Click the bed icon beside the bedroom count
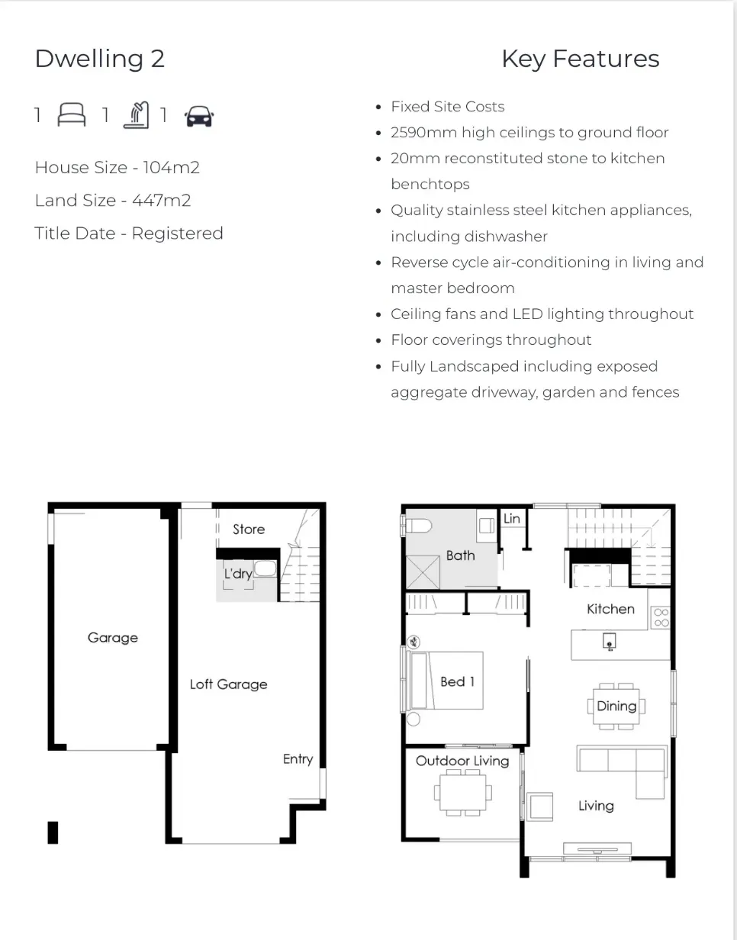pos(72,114)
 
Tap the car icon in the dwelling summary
pos(199,117)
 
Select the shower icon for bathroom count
pos(137,115)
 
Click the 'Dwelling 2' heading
pos(99,59)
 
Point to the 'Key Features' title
pos(581,59)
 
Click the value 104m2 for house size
pos(171,167)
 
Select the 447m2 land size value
pos(161,201)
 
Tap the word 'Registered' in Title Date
pos(177,233)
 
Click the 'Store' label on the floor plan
pos(249,529)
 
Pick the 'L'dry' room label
pos(238,574)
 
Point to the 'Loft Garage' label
pos(228,684)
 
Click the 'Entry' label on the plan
pos(298,759)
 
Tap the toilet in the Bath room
pos(417,526)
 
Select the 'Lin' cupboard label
pos(512,518)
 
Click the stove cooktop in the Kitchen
pos(661,617)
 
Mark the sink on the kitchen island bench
pos(610,642)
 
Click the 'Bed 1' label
pos(458,682)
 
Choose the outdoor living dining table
pos(463,793)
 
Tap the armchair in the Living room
pos(539,806)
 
